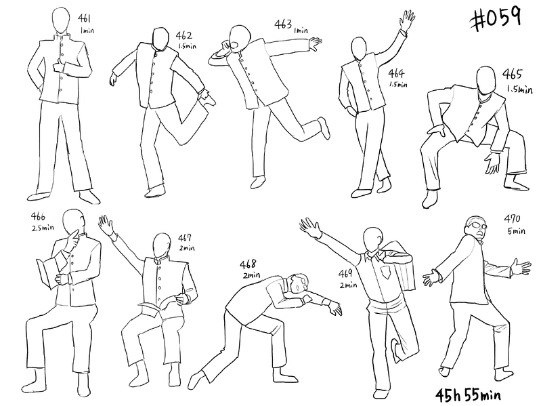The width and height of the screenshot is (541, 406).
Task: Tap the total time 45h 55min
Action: (468, 396)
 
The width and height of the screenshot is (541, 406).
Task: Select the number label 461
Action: (85, 18)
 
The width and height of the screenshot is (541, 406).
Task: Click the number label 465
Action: (512, 74)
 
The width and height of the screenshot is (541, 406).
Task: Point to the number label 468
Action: (248, 264)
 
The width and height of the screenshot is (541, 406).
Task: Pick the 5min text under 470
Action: (516, 230)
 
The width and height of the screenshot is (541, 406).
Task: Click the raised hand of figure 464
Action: (407, 20)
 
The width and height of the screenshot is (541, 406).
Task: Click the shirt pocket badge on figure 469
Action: (386, 271)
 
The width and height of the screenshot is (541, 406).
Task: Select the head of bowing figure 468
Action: (299, 283)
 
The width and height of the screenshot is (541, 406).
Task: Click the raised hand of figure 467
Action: (106, 224)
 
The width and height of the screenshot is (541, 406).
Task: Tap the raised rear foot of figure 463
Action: (324, 127)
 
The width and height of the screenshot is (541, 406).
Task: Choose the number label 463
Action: (283, 24)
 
